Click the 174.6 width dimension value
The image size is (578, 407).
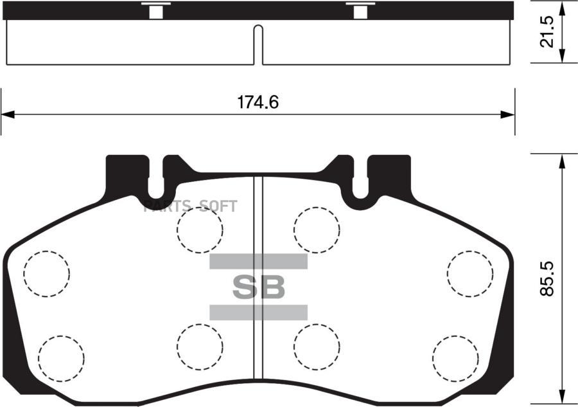coord(258,102)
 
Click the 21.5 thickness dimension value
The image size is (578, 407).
coord(547,32)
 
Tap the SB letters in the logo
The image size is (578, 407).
coord(258,288)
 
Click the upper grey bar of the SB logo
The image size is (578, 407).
coord(258,261)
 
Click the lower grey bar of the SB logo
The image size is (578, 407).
coord(258,312)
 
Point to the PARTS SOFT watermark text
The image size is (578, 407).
coord(190,206)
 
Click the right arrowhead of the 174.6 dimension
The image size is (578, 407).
coord(509,115)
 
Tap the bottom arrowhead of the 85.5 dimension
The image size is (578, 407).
coord(563,399)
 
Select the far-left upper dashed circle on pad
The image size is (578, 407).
coord(46,273)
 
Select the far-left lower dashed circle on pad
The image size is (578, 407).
coord(61,357)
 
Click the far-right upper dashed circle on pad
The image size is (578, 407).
coord(470,273)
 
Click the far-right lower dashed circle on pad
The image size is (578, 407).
coord(455,357)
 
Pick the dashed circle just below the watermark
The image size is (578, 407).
coord(200,230)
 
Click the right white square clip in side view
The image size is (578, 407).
coord(361,12)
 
